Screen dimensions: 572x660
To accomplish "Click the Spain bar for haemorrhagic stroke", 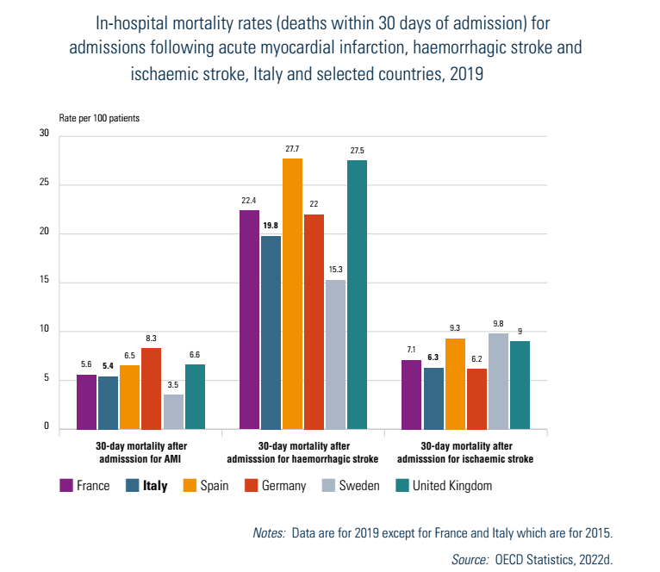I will tap(293, 294).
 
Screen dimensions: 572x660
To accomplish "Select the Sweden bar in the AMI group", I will tap(173, 412).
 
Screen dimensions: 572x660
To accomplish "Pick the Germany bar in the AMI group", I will tap(152, 389).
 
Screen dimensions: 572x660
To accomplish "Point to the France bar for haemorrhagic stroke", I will tap(250, 320).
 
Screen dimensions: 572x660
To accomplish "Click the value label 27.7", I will tap(293, 150).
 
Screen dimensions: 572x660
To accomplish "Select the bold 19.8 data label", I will tap(271, 227).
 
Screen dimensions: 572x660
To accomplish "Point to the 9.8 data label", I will tap(498, 325).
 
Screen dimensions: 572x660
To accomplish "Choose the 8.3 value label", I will tap(152, 339).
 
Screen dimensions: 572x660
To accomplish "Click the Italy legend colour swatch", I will tap(132, 486).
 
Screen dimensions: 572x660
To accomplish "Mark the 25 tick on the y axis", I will tap(44, 184).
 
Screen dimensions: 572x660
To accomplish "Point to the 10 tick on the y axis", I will tap(44, 331).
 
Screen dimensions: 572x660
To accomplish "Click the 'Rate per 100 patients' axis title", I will tap(99, 117).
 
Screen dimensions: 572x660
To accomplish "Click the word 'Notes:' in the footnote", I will tap(268, 534).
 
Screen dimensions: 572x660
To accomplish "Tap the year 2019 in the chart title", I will tap(464, 74).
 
